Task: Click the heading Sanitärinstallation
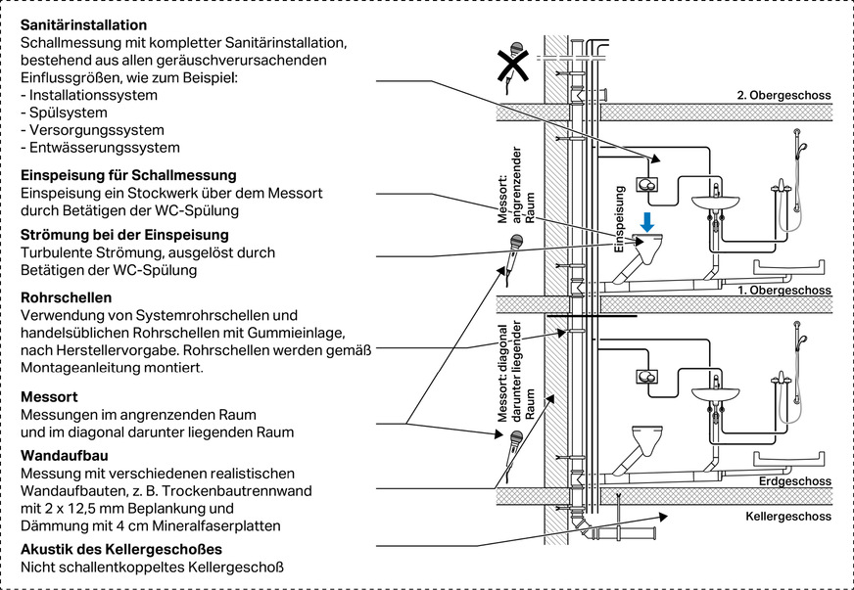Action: (84, 23)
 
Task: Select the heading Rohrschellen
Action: (65, 297)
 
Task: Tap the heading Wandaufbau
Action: (64, 455)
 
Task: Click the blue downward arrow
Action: (647, 222)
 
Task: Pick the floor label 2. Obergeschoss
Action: (783, 96)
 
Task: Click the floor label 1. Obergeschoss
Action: (783, 291)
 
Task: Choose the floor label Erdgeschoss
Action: (794, 481)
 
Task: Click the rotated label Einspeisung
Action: (619, 220)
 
